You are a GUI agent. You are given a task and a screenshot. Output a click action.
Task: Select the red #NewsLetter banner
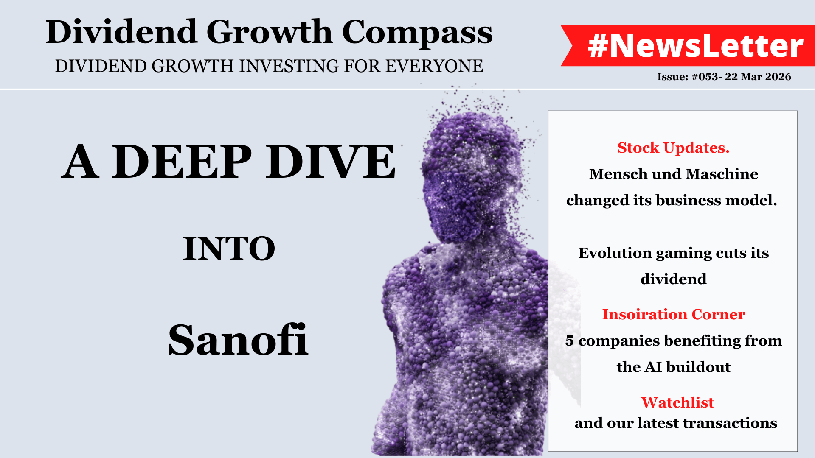[688, 46]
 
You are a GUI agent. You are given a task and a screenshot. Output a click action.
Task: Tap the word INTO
[229, 249]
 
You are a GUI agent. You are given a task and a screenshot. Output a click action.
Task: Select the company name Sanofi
[238, 339]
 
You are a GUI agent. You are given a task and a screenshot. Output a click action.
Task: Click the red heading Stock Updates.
[673, 148]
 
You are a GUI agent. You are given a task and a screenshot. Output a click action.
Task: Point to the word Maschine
[722, 174]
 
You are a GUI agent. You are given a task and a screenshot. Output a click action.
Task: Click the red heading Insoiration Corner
[674, 314]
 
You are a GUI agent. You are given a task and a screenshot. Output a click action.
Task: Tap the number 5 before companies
[569, 341]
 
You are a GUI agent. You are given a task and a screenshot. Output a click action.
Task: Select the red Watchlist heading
[677, 402]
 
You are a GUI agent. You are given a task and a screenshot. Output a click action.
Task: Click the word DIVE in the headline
[331, 162]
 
